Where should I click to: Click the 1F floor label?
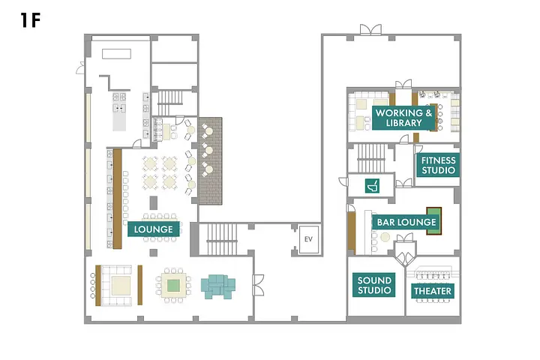coord(30,20)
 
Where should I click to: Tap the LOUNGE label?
coord(153,229)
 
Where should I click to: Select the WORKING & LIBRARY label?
coord(403,118)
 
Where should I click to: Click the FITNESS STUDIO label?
coord(438,165)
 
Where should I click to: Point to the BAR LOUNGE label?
coord(406,222)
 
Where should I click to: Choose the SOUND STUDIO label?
coord(374,285)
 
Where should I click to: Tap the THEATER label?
coord(433,291)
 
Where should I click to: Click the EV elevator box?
coord(308,239)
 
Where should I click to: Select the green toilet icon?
coord(372,186)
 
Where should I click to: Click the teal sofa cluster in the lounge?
coord(218,286)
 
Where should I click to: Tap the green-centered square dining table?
coord(173,285)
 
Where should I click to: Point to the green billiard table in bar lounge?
coord(434,220)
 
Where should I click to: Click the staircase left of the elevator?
coord(222,239)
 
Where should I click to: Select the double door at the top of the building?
coord(370,30)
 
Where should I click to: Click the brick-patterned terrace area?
coord(210,161)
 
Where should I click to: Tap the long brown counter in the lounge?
coord(118,199)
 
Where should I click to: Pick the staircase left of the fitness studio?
coord(371,158)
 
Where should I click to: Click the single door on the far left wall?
coord(80,68)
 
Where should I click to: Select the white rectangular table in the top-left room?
coord(116,54)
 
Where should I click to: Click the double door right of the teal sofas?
coord(259,285)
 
